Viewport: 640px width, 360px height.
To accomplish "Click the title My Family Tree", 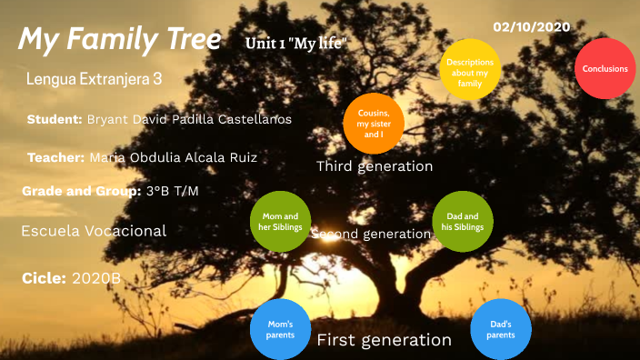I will point(119,39).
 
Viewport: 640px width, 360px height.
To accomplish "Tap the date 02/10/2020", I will point(531,26).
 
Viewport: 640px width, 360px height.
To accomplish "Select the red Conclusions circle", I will point(605,69).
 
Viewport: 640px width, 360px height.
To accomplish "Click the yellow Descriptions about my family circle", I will point(469,69).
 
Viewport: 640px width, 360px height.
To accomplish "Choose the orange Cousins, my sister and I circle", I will point(373,124).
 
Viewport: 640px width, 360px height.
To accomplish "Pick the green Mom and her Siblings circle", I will point(280,222).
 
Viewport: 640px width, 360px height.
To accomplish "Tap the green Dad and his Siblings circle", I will point(463,221).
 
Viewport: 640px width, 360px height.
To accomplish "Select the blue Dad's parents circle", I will point(500,329).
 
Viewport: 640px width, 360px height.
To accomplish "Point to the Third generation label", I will point(375,166).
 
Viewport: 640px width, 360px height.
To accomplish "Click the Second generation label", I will point(371,234).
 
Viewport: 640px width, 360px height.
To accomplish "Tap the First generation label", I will point(384,340).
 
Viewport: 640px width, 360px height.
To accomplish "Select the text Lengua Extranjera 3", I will point(95,79).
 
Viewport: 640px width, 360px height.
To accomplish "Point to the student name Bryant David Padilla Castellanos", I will point(189,119).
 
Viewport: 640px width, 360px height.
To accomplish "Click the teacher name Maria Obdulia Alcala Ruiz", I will point(173,157).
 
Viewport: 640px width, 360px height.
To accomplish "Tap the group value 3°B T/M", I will point(172,191).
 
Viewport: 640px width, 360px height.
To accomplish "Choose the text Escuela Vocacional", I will point(94,231).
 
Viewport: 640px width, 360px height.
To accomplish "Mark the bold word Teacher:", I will point(56,157).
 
